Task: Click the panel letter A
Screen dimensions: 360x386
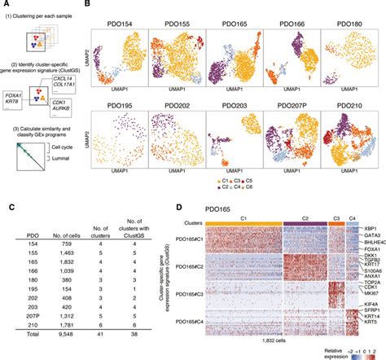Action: point(6,6)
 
